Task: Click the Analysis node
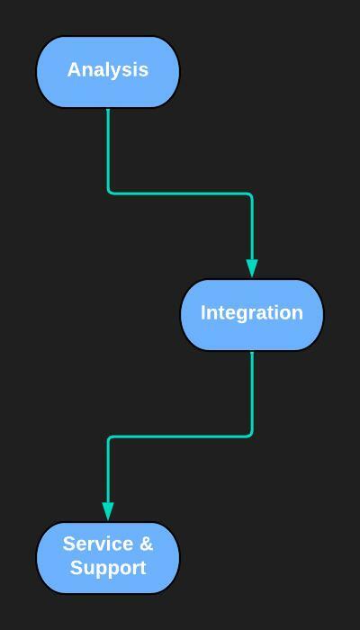(108, 72)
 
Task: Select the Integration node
(252, 315)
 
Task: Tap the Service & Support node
(108, 558)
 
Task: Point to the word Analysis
(108, 70)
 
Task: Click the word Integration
(252, 312)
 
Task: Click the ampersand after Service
(147, 544)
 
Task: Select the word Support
(108, 569)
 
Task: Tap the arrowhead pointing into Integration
(252, 268)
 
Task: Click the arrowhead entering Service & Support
(108, 511)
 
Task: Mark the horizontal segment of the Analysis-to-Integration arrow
(180, 193)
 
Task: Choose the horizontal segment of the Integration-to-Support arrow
(180, 436)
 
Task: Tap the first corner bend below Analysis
(109, 193)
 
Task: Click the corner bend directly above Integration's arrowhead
(251, 195)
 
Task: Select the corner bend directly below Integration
(251, 435)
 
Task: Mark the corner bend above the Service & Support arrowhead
(109, 437)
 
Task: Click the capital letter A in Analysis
(74, 69)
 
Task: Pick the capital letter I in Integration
(203, 312)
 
